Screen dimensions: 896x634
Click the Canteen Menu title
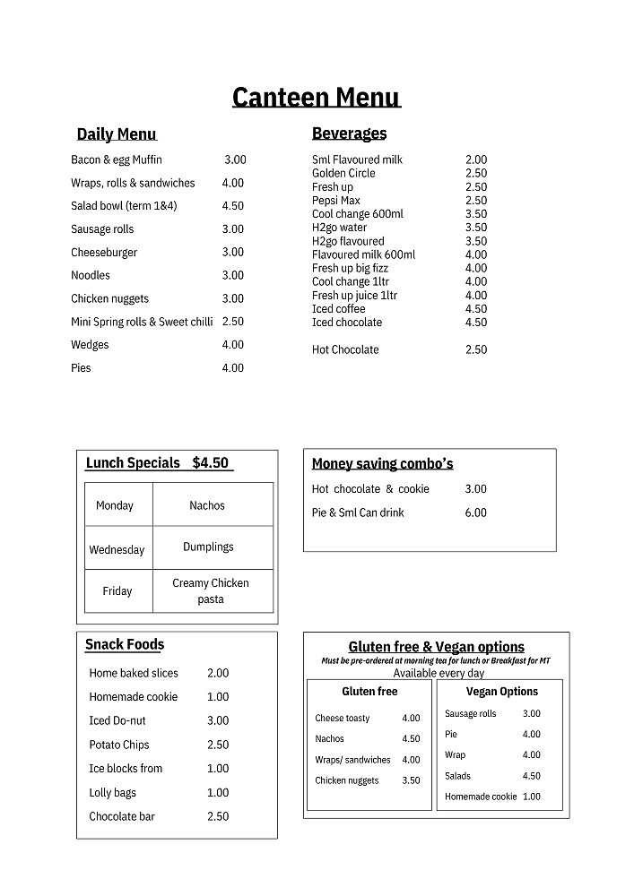316,97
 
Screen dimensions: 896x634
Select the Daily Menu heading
117,134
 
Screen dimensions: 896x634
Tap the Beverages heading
349,134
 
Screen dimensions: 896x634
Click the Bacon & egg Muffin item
117,159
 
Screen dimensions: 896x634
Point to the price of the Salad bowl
233,206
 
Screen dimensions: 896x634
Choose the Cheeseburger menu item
102,253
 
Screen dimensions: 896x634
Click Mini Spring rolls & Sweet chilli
142,322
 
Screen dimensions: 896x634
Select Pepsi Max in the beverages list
336,201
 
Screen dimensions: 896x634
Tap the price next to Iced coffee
476,309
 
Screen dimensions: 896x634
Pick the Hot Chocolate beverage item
345,349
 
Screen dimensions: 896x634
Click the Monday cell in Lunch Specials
115,505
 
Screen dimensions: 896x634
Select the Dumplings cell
208,547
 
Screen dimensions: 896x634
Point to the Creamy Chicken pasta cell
211,591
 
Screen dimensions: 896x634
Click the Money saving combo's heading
382,464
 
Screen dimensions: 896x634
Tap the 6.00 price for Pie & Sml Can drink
476,513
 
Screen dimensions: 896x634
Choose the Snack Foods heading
125,644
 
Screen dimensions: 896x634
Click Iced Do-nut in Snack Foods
117,720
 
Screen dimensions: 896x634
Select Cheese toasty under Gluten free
343,719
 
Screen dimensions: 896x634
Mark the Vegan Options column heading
502,692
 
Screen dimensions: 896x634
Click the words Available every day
439,673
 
